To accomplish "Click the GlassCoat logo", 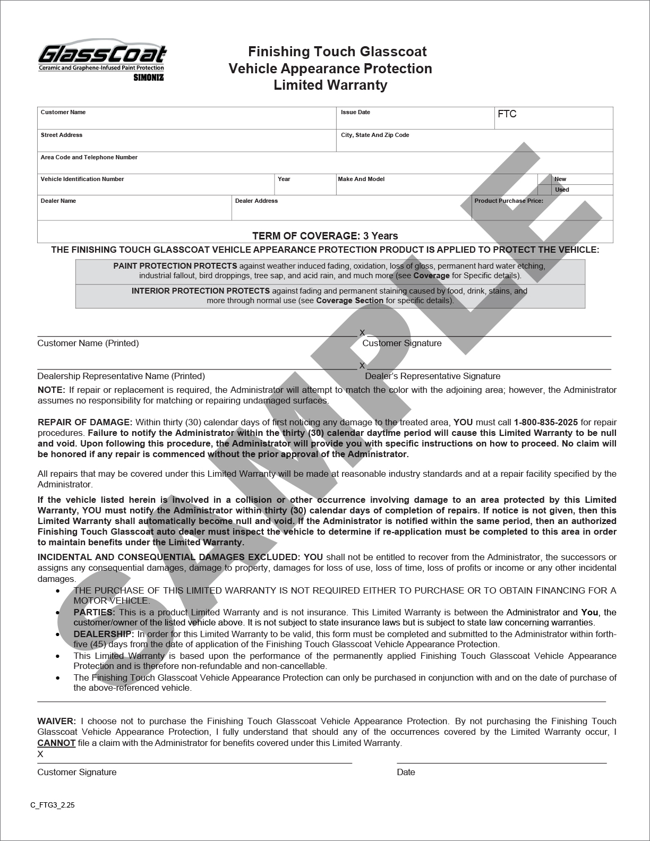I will (101, 59).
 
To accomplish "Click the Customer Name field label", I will (63, 112).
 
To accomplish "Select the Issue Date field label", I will (355, 112).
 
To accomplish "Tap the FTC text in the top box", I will (507, 114).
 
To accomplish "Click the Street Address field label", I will (61, 135).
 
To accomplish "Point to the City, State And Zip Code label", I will (375, 135).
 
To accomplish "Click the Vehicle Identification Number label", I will (82, 179).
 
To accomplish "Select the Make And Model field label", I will (361, 179).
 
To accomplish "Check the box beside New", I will (544, 179).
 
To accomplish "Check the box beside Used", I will (544, 190).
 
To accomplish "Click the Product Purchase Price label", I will (508, 201).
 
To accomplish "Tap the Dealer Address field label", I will (256, 201).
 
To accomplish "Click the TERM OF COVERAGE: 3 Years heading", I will (325, 236).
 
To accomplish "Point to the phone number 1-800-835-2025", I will (546, 422).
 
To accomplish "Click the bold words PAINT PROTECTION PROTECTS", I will (175, 265).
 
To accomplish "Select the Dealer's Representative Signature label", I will (432, 376).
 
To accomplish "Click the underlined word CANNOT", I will (56, 743).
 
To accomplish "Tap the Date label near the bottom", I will (406, 772).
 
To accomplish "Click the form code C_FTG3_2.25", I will (53, 805).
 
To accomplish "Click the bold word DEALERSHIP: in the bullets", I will (104, 634).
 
